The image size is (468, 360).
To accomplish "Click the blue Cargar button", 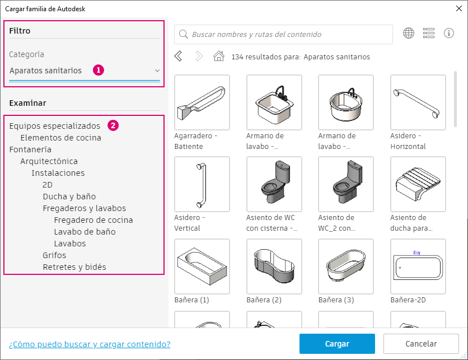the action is tap(337, 344).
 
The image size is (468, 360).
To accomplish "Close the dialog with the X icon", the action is tap(459, 8).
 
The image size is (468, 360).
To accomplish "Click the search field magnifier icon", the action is tap(183, 34).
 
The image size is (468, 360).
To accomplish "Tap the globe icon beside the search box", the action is tap(409, 33).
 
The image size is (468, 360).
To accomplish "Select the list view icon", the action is tap(429, 33).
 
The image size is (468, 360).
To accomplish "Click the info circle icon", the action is tap(449, 33).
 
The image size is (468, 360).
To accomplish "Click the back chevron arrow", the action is tap(178, 56).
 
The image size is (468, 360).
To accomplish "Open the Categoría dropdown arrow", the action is tap(157, 71).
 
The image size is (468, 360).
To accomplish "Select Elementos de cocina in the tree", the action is tap(61, 138).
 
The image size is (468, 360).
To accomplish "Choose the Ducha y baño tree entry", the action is tap(69, 197).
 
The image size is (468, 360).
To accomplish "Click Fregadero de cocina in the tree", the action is tap(93, 220).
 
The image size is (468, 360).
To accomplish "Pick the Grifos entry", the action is tap(54, 255).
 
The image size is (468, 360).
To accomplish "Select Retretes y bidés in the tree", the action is tap(74, 267).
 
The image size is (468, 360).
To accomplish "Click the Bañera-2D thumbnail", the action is tap(418, 267).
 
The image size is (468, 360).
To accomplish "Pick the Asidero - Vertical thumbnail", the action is tap(202, 184).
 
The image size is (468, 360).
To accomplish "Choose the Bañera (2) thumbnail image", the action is tap(274, 267).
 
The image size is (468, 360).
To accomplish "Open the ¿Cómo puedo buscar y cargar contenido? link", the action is tap(90, 344).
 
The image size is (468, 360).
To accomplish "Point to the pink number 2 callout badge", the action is tap(113, 125).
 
